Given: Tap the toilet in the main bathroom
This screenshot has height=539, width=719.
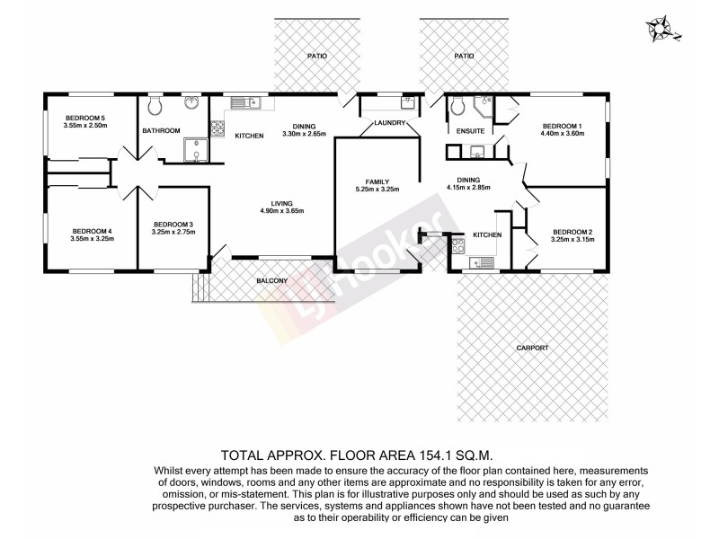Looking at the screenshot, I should [155, 109].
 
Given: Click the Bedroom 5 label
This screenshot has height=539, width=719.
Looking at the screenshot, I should [85, 118].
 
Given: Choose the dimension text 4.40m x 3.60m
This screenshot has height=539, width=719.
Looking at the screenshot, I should [562, 134].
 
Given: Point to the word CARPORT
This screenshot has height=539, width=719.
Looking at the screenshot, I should [532, 348].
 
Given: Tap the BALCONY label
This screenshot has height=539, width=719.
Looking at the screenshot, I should [271, 281].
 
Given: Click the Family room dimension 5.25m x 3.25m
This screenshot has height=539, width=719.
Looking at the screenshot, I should [377, 190].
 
